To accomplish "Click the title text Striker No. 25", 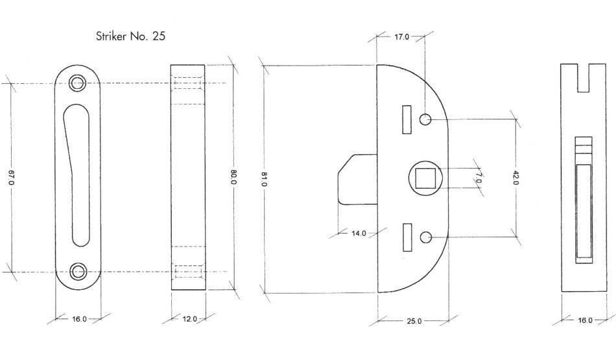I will [130, 36].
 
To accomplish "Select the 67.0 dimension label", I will [11, 178].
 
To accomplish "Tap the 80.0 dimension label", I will [233, 178].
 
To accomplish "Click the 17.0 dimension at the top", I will [401, 37].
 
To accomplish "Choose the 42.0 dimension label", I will [515, 178].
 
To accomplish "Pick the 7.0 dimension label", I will [478, 178].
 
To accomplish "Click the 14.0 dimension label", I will [359, 233].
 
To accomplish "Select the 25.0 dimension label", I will [414, 320].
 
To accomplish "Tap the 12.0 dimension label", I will [188, 319].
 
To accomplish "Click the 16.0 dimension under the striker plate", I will [78, 319].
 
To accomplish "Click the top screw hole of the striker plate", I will [78, 82].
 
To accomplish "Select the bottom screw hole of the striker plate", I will [78, 271].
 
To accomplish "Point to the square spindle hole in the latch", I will [425, 177].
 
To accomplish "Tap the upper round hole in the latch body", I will [426, 119].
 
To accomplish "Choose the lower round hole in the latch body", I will [426, 237].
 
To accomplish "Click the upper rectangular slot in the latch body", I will [407, 119].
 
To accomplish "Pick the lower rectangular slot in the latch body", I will [407, 237].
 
